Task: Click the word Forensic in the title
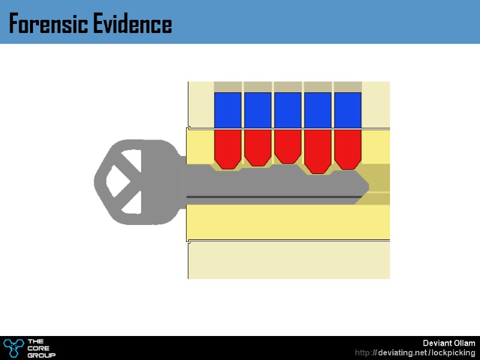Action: coord(47,25)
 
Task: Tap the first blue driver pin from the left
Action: coord(227,110)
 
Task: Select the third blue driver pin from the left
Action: coord(287,110)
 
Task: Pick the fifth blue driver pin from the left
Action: coord(347,110)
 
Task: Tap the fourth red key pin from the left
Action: coord(317,151)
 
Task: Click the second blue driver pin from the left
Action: coord(257,110)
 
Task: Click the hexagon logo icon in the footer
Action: coord(13,347)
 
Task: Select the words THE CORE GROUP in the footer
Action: coord(41,348)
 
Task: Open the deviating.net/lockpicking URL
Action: coord(415,352)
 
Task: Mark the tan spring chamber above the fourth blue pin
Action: coord(317,86)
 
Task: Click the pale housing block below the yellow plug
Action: coord(289,260)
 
